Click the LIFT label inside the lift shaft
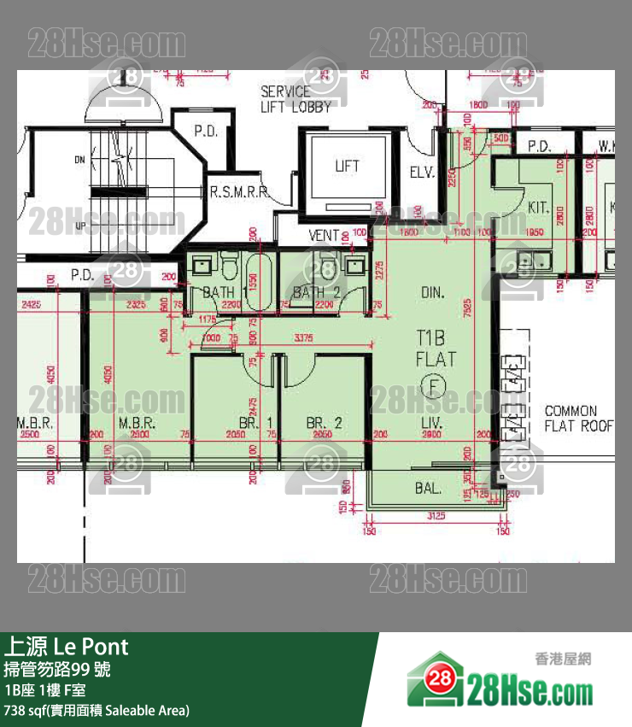347,167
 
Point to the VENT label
323,235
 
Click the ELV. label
422,173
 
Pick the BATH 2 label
317,293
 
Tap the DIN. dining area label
433,293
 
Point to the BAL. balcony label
428,489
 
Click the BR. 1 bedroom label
255,423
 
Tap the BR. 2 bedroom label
325,423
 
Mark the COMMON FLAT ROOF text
578,418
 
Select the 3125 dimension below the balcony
436,516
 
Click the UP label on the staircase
80,226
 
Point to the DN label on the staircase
79,160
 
